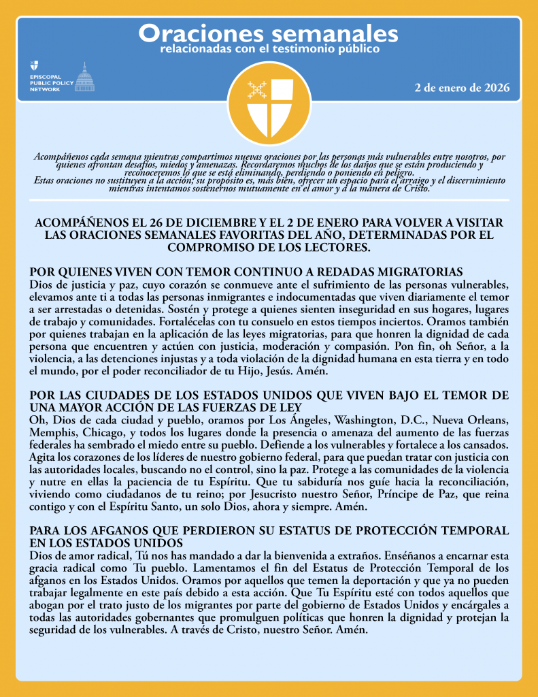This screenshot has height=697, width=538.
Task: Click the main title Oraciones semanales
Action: tap(269, 33)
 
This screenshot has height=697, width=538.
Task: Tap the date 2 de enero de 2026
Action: tap(462, 88)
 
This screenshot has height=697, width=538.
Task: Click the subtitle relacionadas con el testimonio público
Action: tap(269, 50)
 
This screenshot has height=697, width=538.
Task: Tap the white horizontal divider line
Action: tap(269, 199)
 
